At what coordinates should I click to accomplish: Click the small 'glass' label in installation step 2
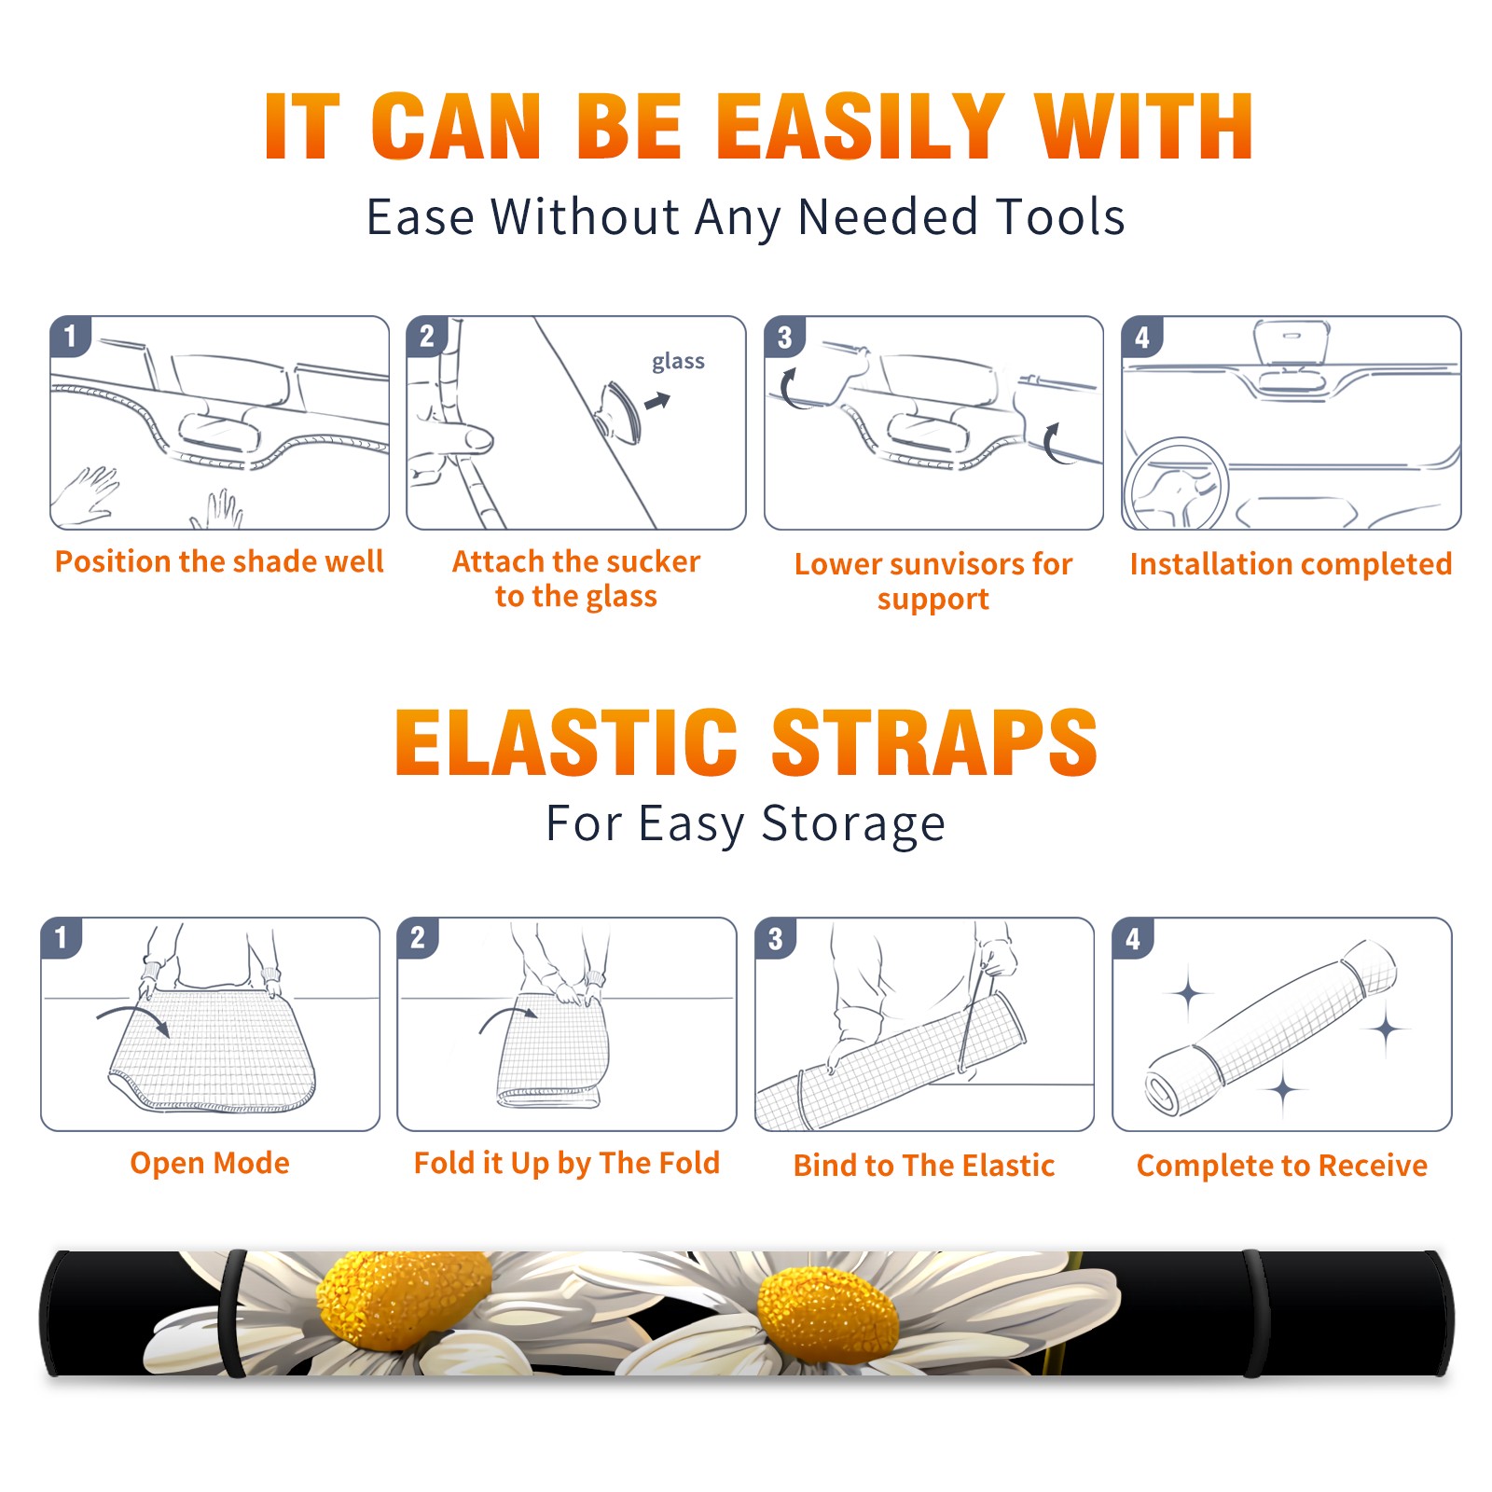coord(678,361)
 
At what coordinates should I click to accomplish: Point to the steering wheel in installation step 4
coord(1176,482)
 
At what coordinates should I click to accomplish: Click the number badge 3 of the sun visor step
coord(784,337)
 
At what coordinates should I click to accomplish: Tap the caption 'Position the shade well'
coord(219,561)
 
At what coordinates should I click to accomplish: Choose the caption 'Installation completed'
coord(1291,563)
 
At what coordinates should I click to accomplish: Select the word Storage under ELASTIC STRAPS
coord(853,824)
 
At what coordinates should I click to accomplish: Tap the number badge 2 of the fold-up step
coord(418,937)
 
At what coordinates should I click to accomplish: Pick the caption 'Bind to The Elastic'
coord(923,1165)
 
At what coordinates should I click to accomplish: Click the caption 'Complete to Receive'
coord(1282,1165)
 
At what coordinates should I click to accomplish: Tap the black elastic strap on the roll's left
coord(232,1313)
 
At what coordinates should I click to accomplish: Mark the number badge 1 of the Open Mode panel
coord(62,937)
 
